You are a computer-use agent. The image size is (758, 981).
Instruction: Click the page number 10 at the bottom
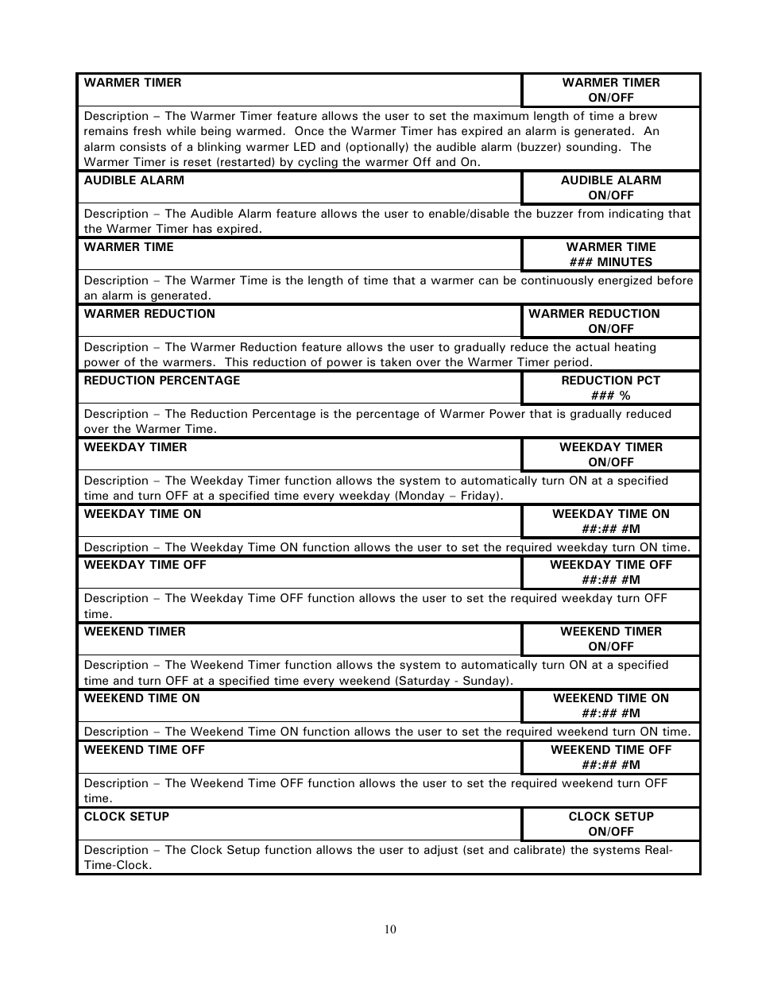click(x=389, y=929)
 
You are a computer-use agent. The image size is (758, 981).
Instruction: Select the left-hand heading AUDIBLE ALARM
click(x=133, y=180)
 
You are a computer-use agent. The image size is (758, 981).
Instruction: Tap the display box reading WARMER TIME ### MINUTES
click(x=610, y=254)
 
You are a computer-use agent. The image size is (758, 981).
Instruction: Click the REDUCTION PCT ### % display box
click(x=610, y=388)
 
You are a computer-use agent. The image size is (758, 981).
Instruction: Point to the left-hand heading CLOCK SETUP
click(x=126, y=817)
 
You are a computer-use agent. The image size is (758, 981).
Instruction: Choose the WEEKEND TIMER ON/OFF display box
click(x=610, y=639)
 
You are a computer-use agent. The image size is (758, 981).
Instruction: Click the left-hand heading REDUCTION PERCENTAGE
click(x=161, y=380)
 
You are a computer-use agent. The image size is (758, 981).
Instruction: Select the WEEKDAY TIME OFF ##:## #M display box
click(x=610, y=572)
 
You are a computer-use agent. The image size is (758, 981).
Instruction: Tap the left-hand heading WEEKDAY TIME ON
click(x=142, y=514)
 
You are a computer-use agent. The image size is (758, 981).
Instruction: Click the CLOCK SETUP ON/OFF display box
click(x=610, y=824)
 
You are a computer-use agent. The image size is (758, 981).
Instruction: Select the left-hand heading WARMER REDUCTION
click(x=149, y=314)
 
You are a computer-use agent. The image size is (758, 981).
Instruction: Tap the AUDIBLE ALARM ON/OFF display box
click(x=610, y=187)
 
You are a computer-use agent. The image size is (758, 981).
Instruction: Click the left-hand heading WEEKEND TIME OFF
click(x=144, y=750)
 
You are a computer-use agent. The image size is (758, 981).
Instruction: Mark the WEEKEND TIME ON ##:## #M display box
click(x=610, y=705)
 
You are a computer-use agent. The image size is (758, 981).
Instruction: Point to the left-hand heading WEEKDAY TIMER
click(x=135, y=447)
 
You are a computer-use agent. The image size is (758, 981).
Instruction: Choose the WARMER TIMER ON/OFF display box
click(x=610, y=90)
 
